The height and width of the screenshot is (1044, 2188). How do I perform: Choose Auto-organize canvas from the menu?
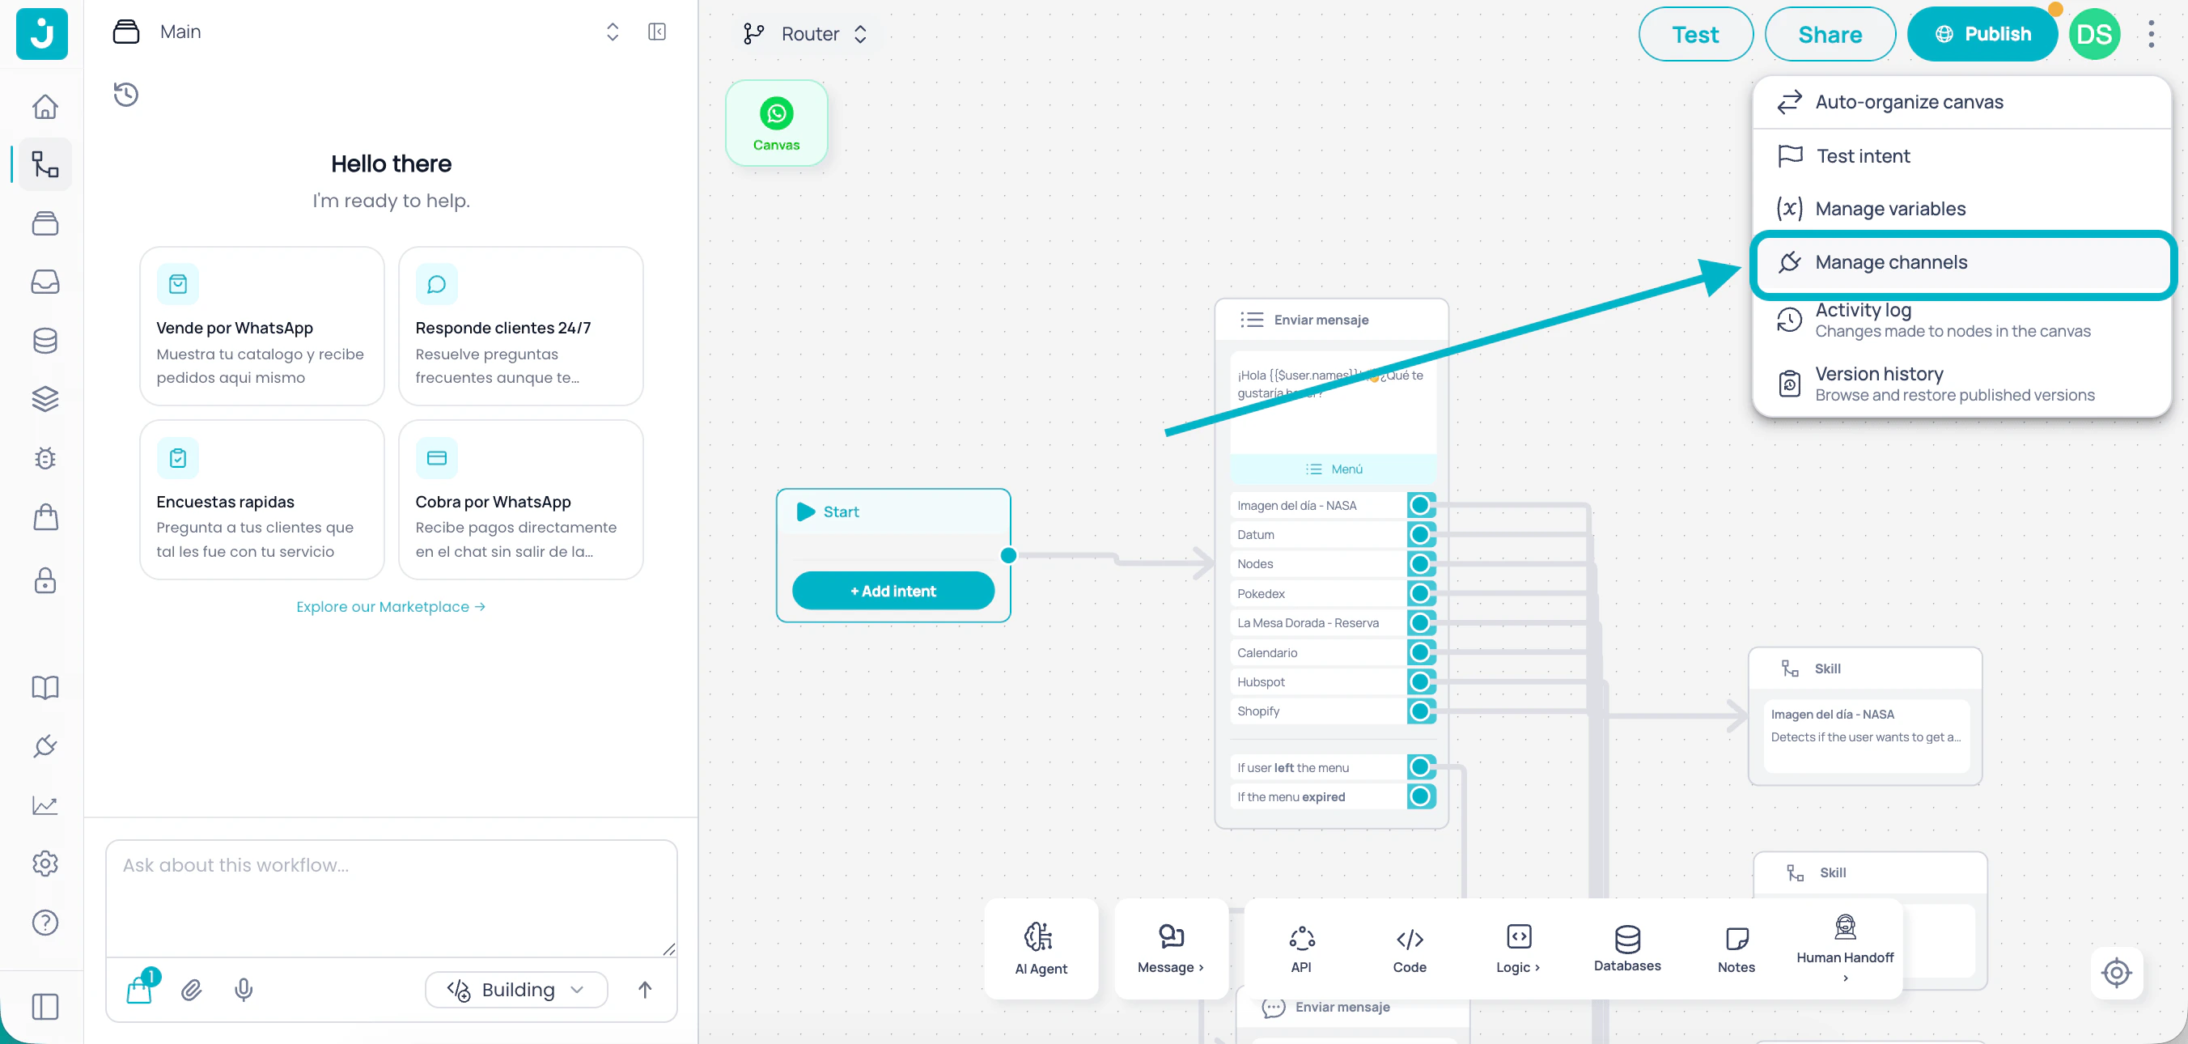point(1909,102)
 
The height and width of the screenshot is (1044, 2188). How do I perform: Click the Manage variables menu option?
point(1890,209)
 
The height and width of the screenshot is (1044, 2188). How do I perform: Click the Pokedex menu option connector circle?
point(1419,593)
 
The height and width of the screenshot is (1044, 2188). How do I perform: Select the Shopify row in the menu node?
point(1317,711)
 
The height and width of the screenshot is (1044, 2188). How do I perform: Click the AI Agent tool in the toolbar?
point(1041,948)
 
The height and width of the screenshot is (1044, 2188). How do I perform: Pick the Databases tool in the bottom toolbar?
point(1626,948)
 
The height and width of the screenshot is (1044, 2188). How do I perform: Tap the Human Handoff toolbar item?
point(1844,948)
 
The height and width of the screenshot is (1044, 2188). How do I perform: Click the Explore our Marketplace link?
point(391,606)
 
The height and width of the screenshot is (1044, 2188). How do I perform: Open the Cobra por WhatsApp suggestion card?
point(519,499)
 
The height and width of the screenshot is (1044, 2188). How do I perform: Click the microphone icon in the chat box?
point(244,990)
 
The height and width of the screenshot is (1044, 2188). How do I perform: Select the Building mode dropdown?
point(516,990)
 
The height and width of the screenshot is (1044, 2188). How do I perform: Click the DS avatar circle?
point(2093,34)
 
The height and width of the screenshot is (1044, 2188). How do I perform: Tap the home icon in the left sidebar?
point(45,106)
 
